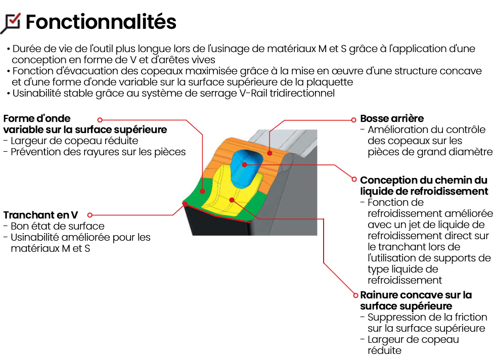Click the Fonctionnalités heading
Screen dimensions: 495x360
coord(101,22)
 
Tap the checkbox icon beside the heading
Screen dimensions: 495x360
coord(11,23)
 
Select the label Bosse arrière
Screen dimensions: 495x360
coord(392,118)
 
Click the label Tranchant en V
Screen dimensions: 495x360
coord(40,215)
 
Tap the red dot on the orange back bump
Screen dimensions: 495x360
coord(269,153)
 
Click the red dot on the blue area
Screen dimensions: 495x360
coord(244,164)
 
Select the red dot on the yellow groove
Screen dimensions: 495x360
coord(232,200)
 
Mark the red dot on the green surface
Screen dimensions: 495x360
coord(202,191)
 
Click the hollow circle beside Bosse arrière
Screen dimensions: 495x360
coord(353,120)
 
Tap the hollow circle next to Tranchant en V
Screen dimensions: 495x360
coord(89,215)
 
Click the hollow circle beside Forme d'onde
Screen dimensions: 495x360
coord(100,120)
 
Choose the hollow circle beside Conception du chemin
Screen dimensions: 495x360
coord(354,179)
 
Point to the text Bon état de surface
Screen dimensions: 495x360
coord(58,226)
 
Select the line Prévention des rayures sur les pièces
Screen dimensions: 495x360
coord(98,152)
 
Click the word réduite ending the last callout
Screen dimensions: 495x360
coord(384,350)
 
